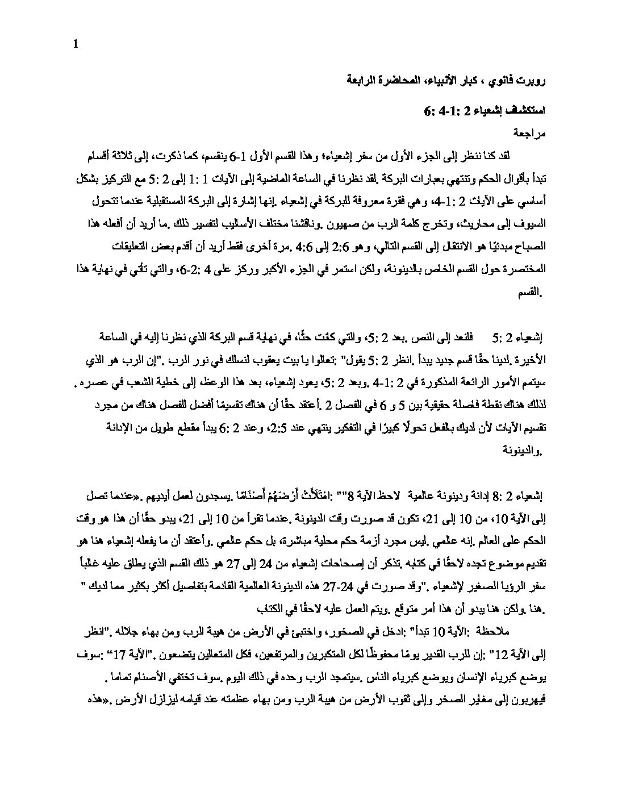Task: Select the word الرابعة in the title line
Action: point(361,80)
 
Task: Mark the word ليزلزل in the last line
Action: point(135,702)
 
